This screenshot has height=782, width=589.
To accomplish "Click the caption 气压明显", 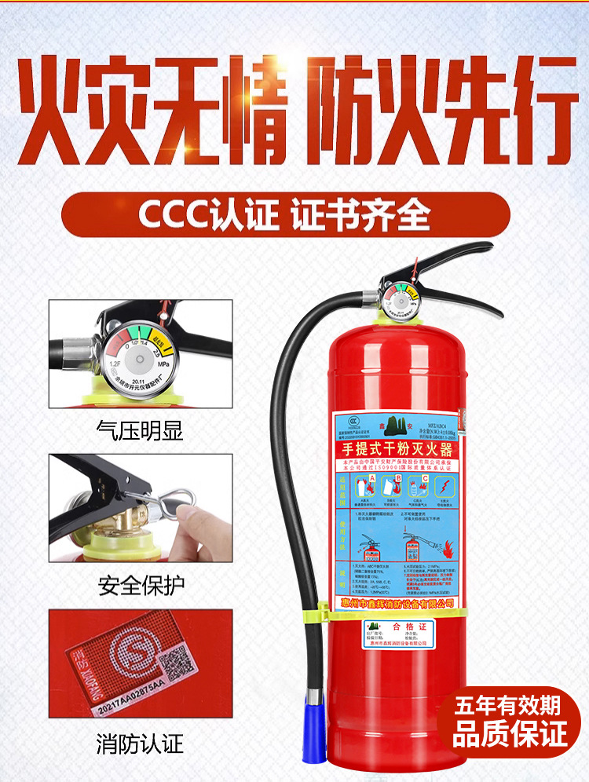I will [139, 429].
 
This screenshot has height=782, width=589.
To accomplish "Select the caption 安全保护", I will [139, 585].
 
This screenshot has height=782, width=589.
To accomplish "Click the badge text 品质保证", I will [509, 735].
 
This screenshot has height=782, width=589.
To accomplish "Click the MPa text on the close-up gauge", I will [163, 365].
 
